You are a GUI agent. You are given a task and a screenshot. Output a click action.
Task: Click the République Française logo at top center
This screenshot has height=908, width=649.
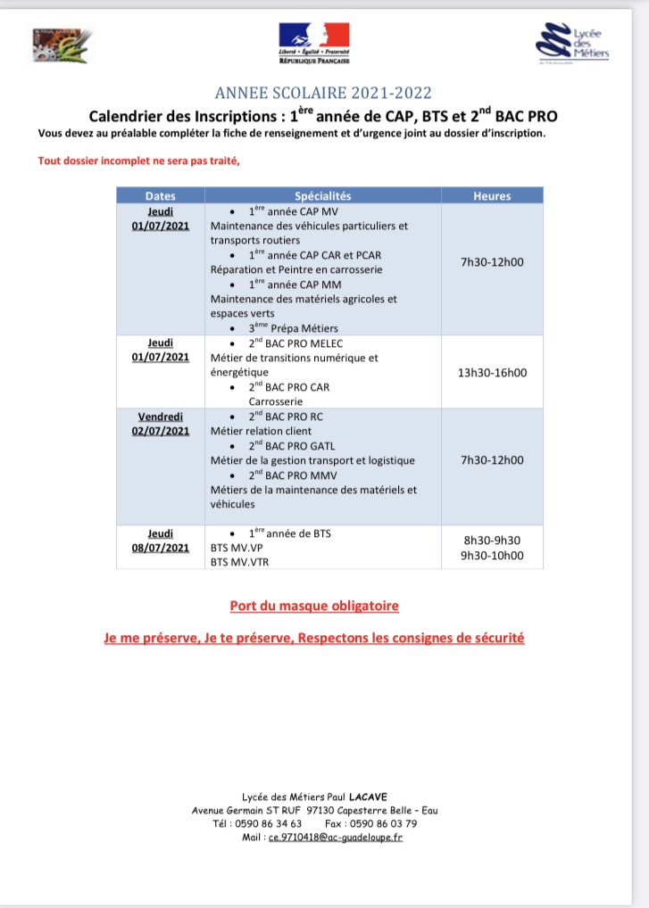pos(314,44)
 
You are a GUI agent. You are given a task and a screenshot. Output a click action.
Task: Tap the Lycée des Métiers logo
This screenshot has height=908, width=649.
pos(573,44)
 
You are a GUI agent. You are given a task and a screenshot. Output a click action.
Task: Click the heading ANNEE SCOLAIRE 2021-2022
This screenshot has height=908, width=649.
pos(324,93)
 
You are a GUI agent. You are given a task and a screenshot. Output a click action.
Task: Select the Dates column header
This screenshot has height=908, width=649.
pos(161,195)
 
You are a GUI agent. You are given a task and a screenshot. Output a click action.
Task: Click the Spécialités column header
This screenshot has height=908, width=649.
pos(323,195)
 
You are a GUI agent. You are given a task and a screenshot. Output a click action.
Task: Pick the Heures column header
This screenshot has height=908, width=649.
pos(492,195)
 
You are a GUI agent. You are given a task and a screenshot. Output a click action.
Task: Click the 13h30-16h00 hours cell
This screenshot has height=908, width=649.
pos(492,372)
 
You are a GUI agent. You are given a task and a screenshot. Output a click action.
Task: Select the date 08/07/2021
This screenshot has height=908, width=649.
pos(161,548)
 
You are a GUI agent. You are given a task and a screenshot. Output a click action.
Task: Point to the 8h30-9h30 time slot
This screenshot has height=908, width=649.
pos(492,541)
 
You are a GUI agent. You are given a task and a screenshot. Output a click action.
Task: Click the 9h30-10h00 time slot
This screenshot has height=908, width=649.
pos(492,555)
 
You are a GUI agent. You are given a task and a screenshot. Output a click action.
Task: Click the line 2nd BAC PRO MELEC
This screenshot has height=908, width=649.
pos(295,343)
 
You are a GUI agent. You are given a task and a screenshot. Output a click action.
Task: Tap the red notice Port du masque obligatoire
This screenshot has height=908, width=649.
pos(314,606)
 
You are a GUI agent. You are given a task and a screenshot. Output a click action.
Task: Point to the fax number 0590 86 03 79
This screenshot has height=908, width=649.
pos(383,823)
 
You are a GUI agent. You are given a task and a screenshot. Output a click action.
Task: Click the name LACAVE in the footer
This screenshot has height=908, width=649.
pos(369,797)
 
